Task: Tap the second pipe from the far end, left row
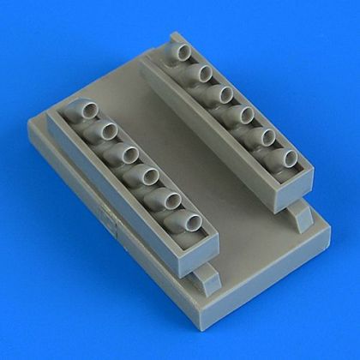click(x=105, y=130)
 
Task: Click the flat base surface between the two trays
click(x=171, y=129)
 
